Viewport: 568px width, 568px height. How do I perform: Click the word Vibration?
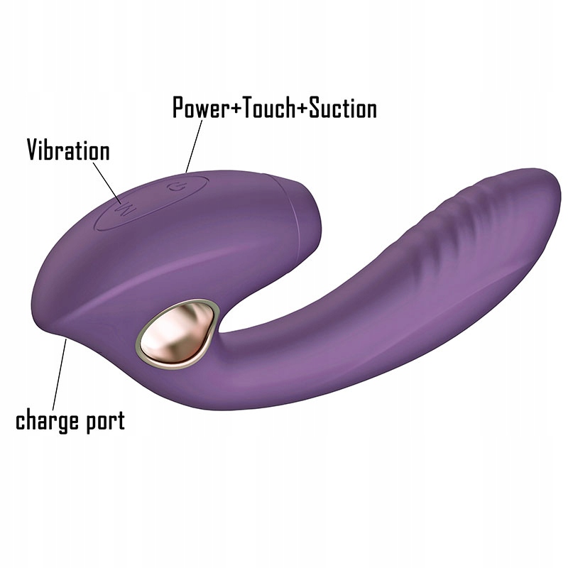point(68,151)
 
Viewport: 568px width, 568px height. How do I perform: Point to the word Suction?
point(342,108)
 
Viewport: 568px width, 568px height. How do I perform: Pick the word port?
point(104,422)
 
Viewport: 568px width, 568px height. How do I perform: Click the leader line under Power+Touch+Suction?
point(193,146)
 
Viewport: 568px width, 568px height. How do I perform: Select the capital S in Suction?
point(317,108)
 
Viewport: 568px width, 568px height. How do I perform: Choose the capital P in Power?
point(180,108)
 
